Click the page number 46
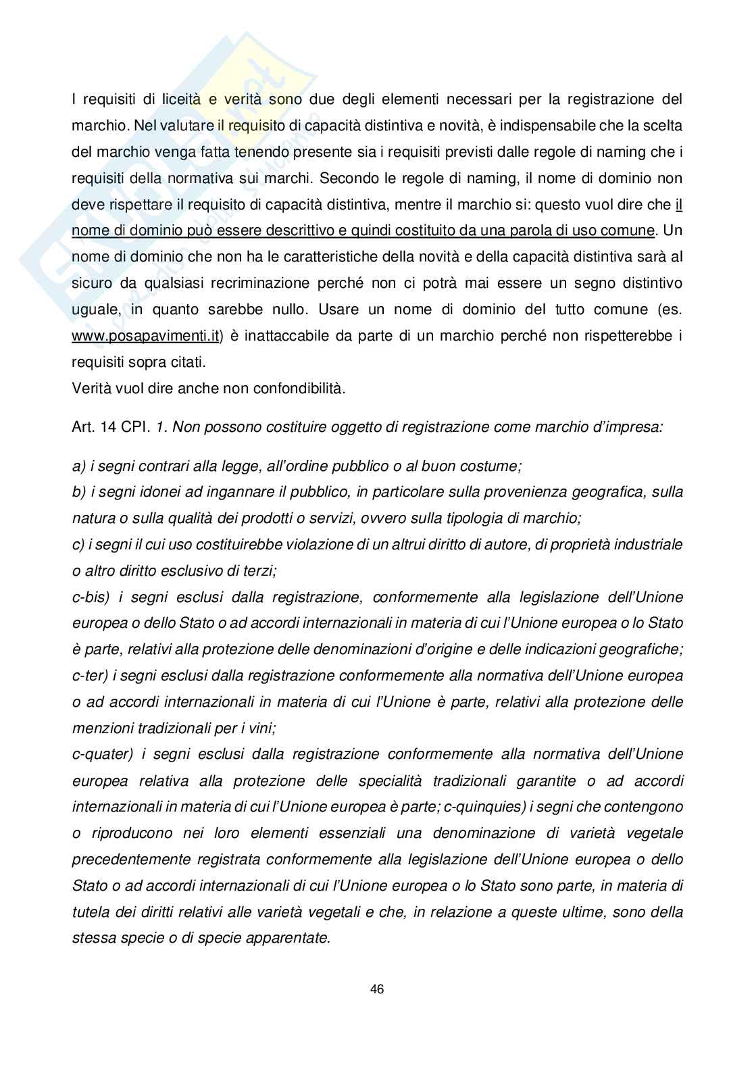[x=377, y=989]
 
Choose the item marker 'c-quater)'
[x=102, y=753]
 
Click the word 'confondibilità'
[x=299, y=389]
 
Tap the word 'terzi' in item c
[x=259, y=570]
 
